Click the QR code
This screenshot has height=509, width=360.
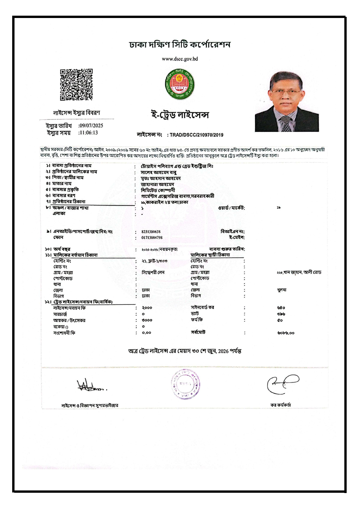(x=76, y=85)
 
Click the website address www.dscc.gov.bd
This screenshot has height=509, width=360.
(x=180, y=59)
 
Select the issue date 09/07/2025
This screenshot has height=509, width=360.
(x=91, y=126)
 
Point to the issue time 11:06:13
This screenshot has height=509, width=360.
(x=89, y=133)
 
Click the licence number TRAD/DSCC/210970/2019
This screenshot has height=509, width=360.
(x=196, y=135)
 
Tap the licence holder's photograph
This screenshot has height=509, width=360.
(x=287, y=102)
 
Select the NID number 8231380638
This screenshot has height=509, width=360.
(x=151, y=232)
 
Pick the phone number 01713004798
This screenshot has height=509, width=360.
(x=152, y=238)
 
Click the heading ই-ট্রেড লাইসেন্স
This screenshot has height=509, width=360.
(x=180, y=115)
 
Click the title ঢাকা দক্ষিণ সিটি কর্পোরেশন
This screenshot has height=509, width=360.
(x=180, y=45)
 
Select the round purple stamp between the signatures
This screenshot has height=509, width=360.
(x=185, y=383)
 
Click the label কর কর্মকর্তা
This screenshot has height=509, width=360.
(x=281, y=405)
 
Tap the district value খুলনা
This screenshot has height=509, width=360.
(x=282, y=290)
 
